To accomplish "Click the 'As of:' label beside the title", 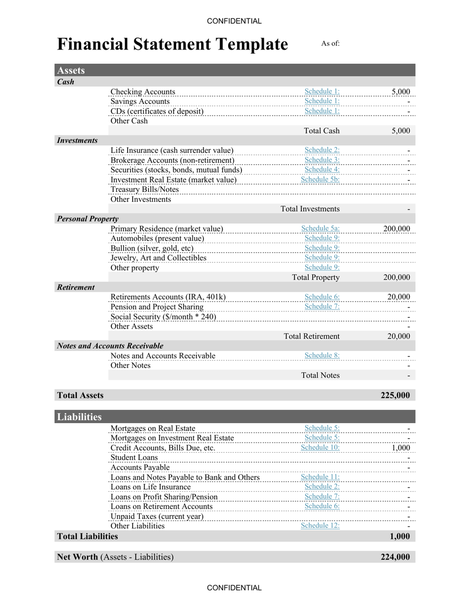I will [330, 43].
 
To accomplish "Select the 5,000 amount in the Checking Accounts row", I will [400, 91].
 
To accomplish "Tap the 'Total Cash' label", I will [322, 130].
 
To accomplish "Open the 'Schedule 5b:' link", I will [320, 179].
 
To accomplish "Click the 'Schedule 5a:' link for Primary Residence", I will [320, 228].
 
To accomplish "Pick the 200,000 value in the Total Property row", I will [396, 277].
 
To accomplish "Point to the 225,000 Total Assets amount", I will [395, 395].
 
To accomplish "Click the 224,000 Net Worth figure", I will [395, 557].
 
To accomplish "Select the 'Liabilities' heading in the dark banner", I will [79, 417].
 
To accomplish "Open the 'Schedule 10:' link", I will [320, 447].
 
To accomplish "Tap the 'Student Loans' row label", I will [134, 458].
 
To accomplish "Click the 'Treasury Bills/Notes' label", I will [144, 189].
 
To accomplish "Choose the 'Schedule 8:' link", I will [322, 355].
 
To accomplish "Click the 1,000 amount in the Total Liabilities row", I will [400, 536].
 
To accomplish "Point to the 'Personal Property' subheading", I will [88, 218].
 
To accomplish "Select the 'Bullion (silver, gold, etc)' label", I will [152, 248].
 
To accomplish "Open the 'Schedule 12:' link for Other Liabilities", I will [320, 525].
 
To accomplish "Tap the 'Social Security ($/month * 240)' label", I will [163, 317].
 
